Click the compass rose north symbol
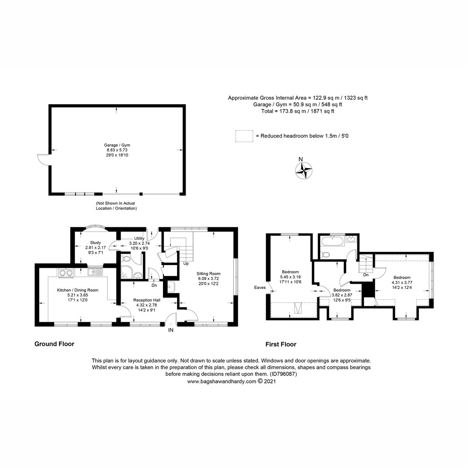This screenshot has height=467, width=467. click(304, 170)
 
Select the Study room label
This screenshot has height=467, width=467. click(95, 242)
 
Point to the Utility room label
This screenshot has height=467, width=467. click(139, 238)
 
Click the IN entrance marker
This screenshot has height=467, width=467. click(170, 330)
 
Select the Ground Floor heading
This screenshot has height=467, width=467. click(54, 344)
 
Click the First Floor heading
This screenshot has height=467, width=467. click(281, 344)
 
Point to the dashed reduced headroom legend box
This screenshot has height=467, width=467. click(244, 136)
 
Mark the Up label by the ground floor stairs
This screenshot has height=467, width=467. click(186, 263)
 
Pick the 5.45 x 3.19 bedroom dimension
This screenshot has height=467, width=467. click(290, 277)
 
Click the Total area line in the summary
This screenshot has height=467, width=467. click(298, 111)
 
